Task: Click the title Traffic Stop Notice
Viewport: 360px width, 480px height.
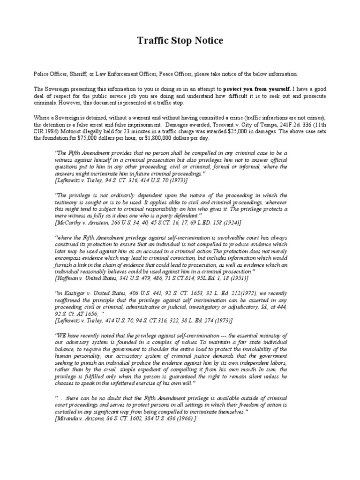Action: (180, 41)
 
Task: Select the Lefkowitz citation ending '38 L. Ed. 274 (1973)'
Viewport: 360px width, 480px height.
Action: (143, 320)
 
